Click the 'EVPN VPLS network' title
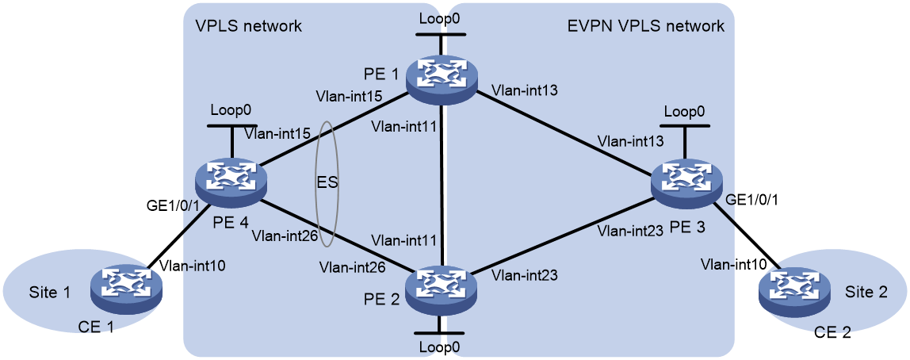tap(645, 26)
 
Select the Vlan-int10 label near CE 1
tap(195, 266)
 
